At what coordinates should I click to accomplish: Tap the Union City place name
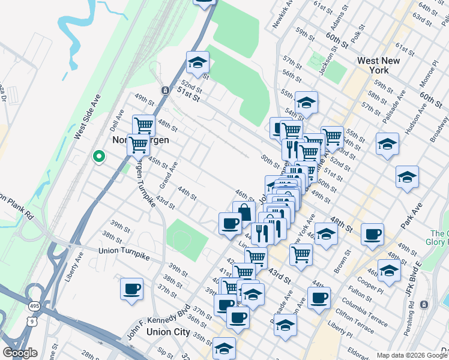coord(169,332)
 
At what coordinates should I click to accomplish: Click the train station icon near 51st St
coord(164,90)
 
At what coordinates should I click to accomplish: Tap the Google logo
coord(20,353)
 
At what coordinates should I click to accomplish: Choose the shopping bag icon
coord(244,212)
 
